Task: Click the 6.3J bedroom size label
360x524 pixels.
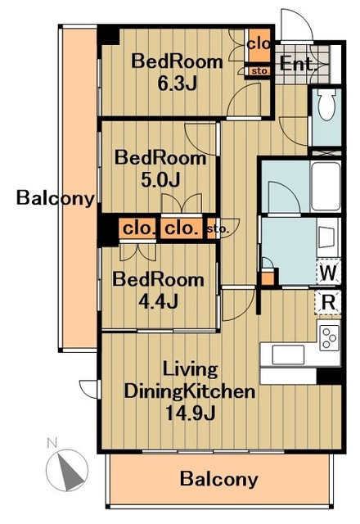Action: (177, 84)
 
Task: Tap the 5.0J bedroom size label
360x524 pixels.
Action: (160, 179)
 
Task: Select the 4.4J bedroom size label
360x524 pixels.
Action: (158, 301)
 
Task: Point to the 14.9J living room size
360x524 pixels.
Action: (189, 413)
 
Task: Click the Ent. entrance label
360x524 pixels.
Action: (298, 64)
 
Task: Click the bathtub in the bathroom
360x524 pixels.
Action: (326, 186)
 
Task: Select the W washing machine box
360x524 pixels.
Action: (329, 272)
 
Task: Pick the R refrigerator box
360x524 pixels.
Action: (328, 302)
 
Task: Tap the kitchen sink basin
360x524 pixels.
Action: (288, 355)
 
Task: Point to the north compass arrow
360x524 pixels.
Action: (71, 470)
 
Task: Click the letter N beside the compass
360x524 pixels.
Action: (52, 443)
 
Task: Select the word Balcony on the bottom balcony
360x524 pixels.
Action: (218, 479)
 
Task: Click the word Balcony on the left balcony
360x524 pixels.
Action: (56, 198)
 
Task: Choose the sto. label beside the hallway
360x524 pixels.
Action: (218, 229)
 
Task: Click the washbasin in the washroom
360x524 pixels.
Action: (327, 237)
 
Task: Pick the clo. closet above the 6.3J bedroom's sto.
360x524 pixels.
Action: (259, 44)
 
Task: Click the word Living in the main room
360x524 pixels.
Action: (190, 370)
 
